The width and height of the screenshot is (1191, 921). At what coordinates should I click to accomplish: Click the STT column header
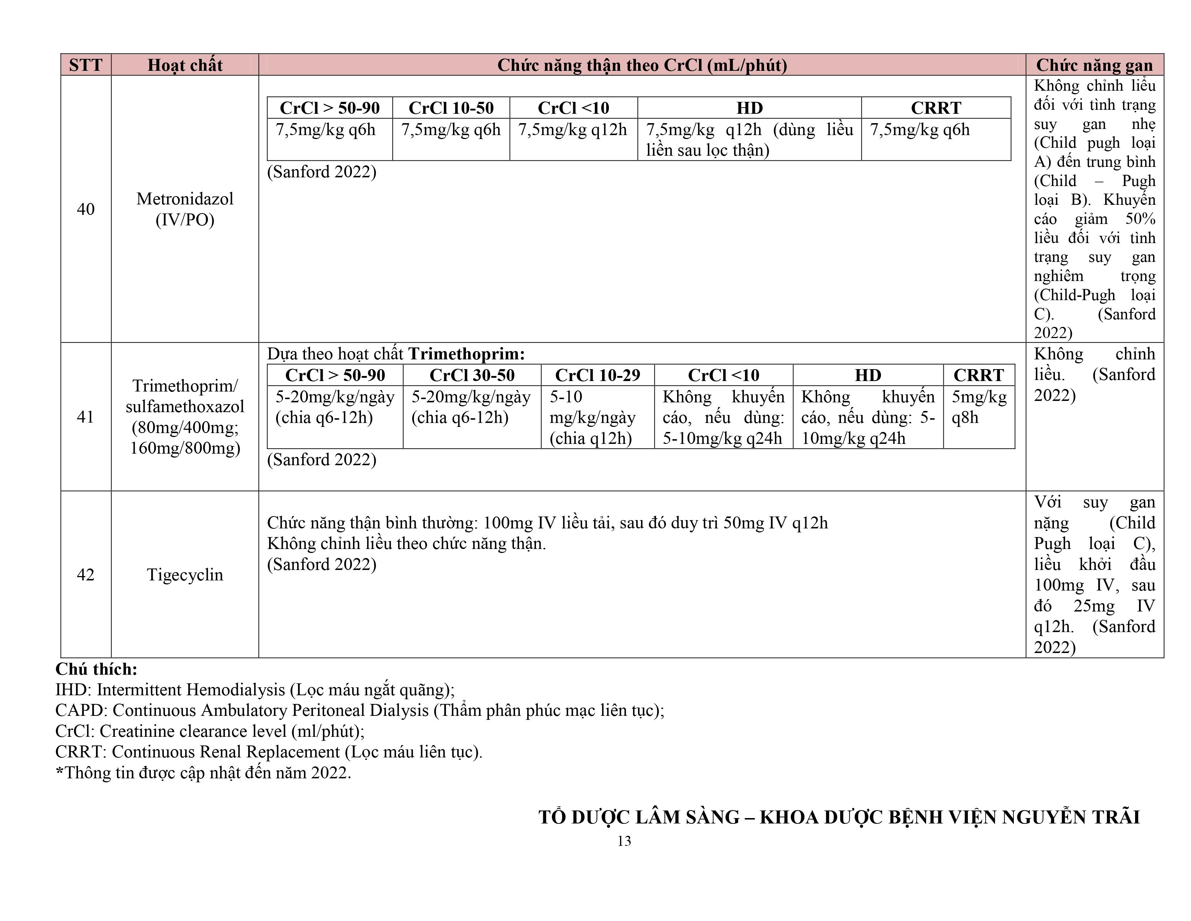(x=86, y=65)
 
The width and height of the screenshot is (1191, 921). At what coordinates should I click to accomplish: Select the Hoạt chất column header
(x=185, y=65)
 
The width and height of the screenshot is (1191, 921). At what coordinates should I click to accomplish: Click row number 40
(x=86, y=209)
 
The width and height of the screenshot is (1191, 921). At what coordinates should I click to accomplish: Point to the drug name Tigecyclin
(x=185, y=575)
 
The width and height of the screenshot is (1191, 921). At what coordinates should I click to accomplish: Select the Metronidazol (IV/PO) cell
(x=185, y=209)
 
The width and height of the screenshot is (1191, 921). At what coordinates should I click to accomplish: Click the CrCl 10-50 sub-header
(x=451, y=108)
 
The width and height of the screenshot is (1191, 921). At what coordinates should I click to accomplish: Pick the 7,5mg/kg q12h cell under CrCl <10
(x=573, y=130)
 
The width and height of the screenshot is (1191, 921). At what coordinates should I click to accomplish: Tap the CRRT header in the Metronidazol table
(x=936, y=108)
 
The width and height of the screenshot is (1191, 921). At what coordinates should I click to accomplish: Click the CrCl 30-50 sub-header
(x=472, y=375)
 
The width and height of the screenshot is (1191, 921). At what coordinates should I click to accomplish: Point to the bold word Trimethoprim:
(x=466, y=354)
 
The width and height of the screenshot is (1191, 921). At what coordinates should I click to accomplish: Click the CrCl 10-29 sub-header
(x=597, y=375)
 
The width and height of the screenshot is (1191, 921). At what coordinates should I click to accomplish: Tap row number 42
(x=86, y=575)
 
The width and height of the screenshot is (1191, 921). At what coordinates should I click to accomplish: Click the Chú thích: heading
(x=96, y=669)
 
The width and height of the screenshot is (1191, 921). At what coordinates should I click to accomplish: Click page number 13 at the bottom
(x=624, y=841)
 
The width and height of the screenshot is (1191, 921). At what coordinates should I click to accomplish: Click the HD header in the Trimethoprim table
(x=868, y=375)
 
